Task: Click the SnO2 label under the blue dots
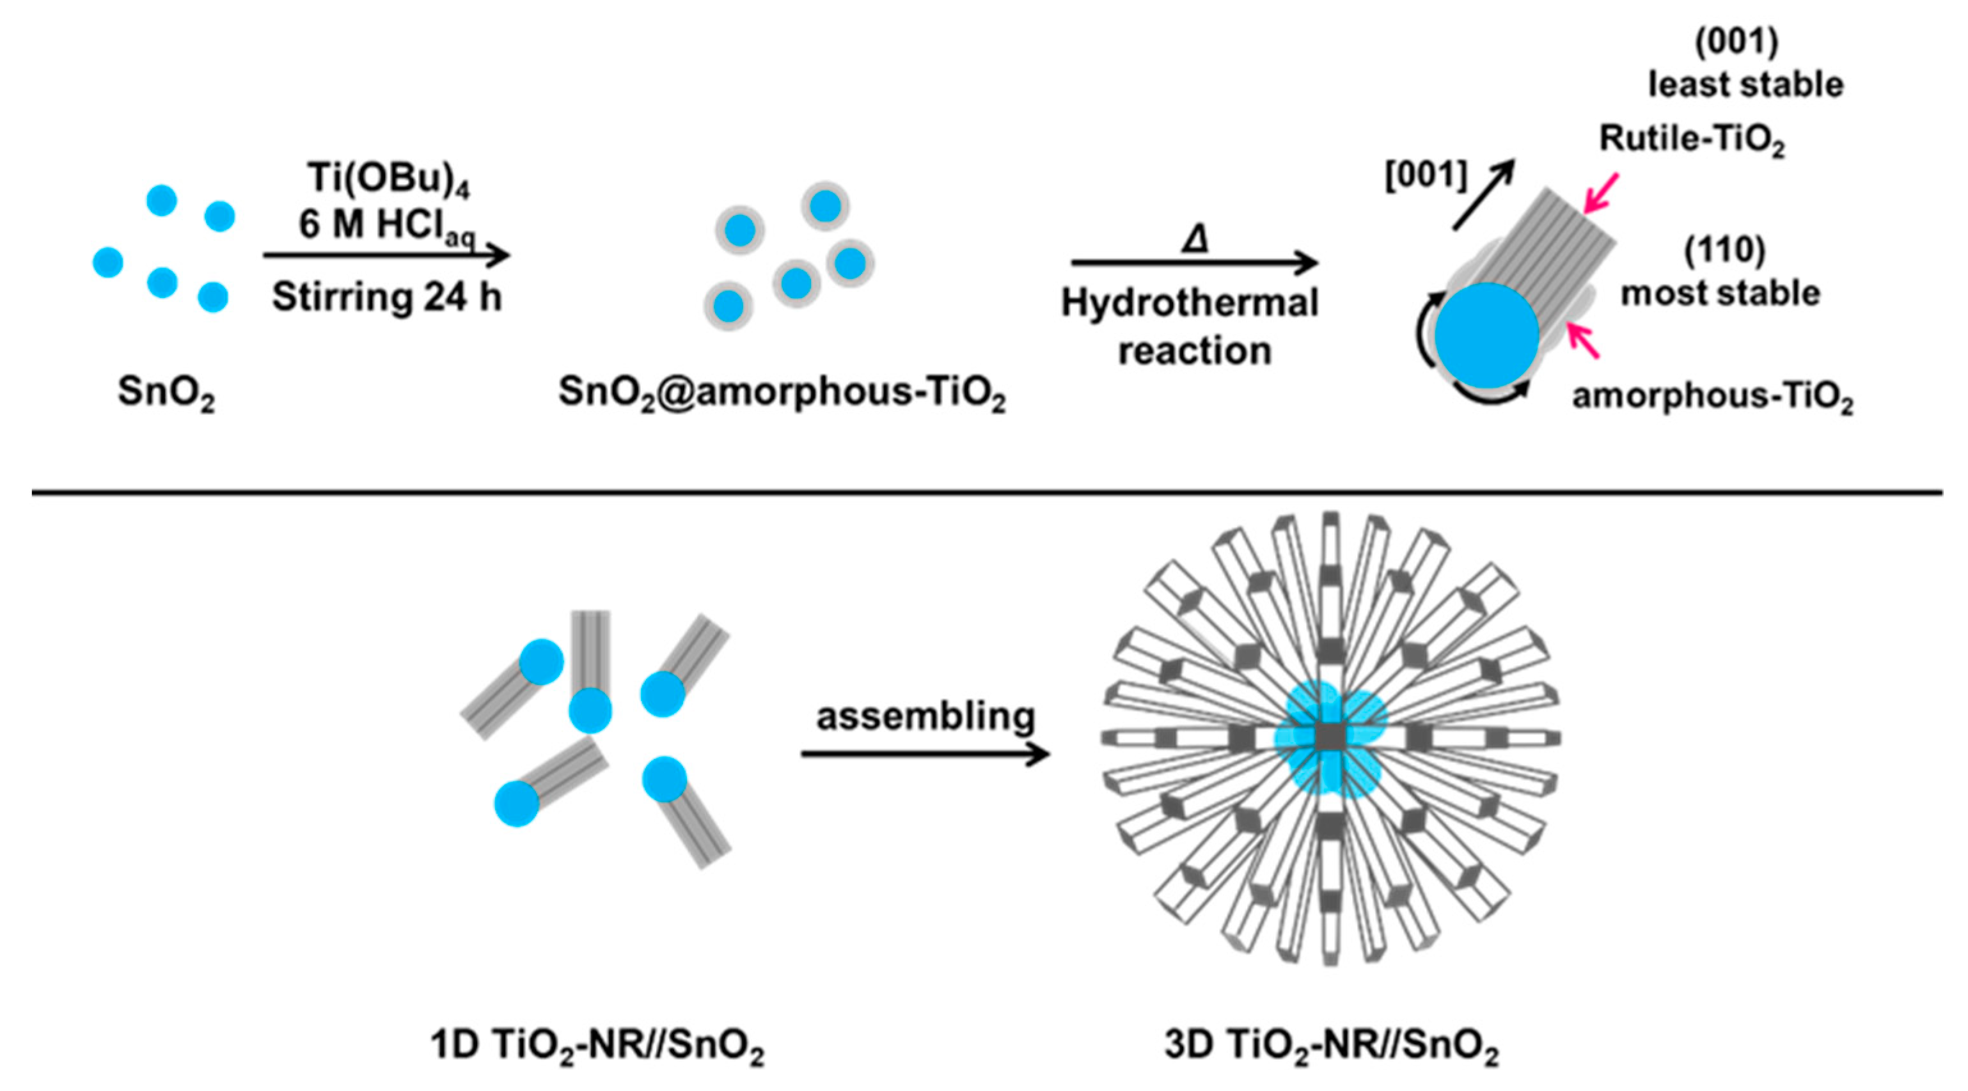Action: point(166,392)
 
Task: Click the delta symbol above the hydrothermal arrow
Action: point(1195,240)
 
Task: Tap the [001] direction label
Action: point(1426,176)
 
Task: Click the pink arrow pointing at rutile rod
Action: point(1600,193)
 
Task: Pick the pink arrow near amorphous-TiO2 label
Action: point(1582,341)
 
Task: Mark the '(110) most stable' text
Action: point(1721,272)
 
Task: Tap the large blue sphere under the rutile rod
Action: point(1486,335)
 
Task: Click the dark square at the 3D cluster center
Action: point(1330,738)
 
